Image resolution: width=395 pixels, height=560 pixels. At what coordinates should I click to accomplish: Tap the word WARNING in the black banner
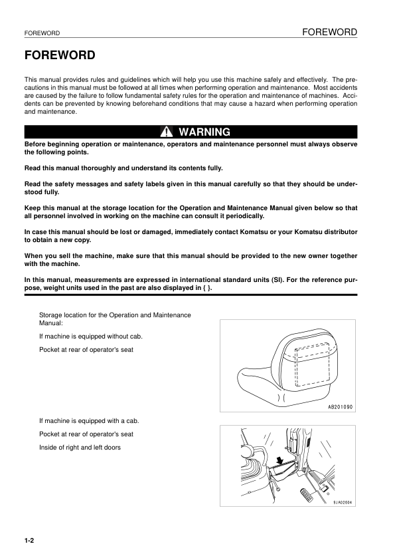(204, 132)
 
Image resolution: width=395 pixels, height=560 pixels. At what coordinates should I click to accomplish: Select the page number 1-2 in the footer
(29, 542)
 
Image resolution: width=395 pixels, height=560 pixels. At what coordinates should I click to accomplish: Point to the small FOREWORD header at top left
(42, 33)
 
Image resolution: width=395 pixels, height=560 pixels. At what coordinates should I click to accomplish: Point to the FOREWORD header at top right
(329, 32)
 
